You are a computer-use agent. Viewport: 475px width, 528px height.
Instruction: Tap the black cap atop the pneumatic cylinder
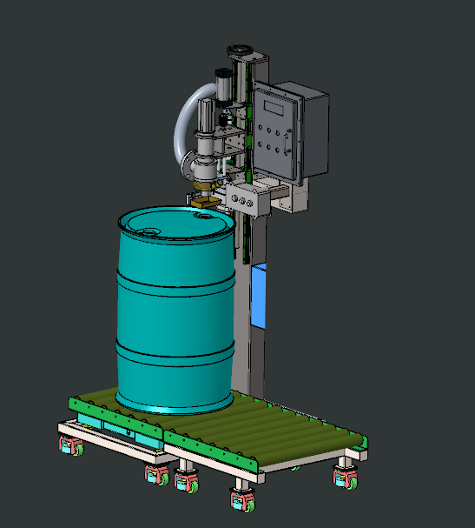pyautogui.click(x=221, y=79)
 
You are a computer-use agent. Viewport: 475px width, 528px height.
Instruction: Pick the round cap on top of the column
pyautogui.click(x=237, y=51)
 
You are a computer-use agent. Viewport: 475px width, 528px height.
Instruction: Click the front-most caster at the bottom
pyautogui.click(x=241, y=501)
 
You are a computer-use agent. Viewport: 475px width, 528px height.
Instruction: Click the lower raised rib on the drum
pyautogui.click(x=174, y=351)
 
